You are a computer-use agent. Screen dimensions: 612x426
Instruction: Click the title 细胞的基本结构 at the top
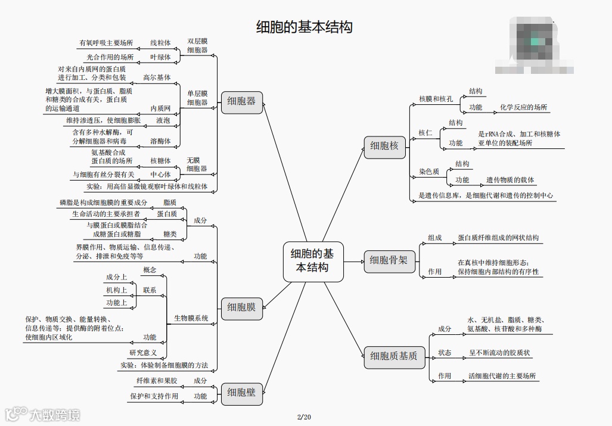coord(305,27)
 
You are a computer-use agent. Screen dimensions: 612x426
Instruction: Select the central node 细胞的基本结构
coord(313,260)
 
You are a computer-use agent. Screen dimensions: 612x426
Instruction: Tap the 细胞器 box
coord(241,101)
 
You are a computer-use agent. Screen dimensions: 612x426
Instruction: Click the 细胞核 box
coord(384,145)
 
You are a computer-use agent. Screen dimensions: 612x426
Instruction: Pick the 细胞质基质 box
coord(394,356)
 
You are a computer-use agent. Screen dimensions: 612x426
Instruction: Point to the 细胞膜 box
coord(241,307)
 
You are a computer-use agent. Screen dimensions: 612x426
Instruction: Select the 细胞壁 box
coord(241,392)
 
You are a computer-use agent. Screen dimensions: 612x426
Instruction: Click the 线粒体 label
coord(160,43)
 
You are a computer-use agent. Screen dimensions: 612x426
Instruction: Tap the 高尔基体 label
coord(157,77)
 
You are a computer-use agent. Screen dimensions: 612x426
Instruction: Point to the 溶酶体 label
coord(160,141)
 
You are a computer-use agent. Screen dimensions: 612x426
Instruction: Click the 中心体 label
coord(160,175)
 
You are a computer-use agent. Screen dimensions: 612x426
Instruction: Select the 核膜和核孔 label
coord(436,99)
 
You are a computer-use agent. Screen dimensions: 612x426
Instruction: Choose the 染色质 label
coord(429,172)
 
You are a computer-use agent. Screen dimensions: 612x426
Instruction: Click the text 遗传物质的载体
coord(510,180)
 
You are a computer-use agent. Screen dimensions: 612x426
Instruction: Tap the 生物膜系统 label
coord(191,318)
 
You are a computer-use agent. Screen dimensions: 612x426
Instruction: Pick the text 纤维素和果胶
coord(157,380)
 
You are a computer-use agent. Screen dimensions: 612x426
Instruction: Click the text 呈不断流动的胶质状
coord(500,353)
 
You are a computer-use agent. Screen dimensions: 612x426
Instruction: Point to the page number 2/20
coord(304,416)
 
